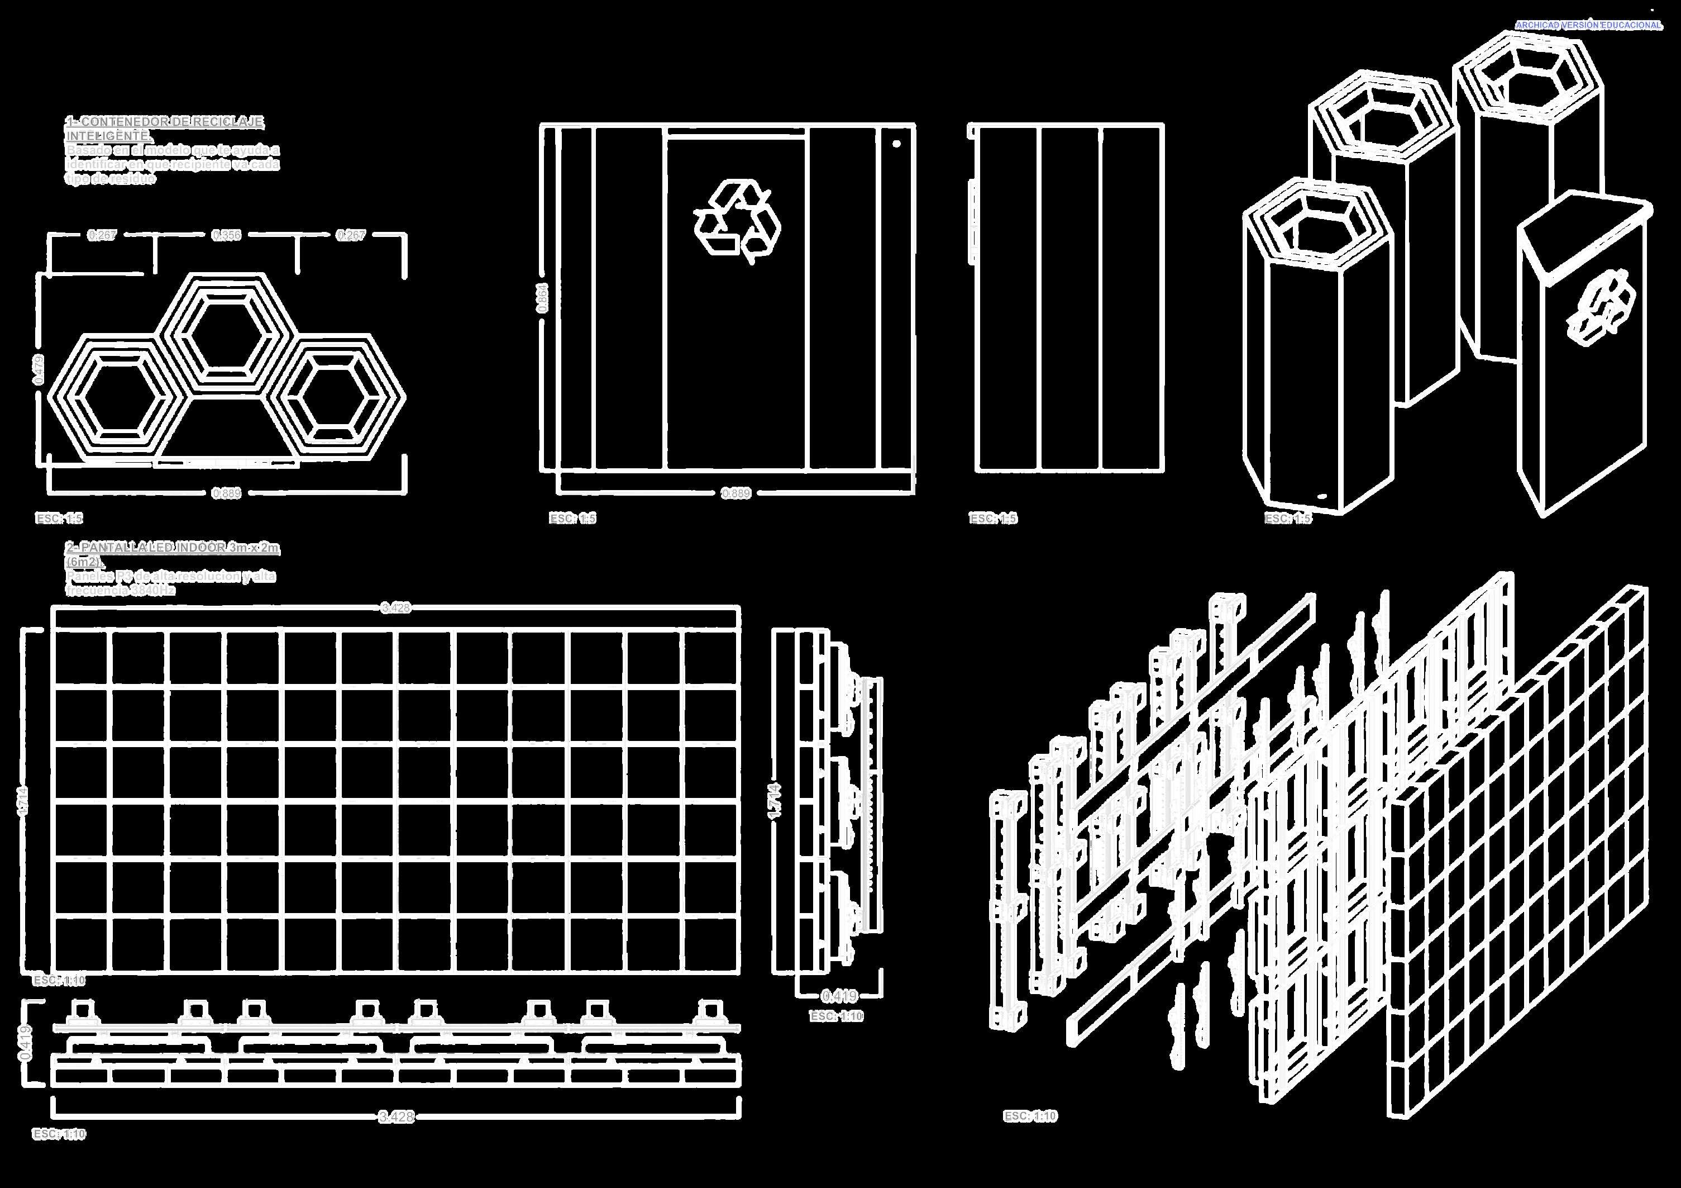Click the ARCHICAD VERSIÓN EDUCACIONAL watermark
(1588, 25)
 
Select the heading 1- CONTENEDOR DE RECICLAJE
(165, 122)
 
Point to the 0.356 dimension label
(226, 235)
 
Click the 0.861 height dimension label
(542, 298)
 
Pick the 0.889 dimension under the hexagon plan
(226, 493)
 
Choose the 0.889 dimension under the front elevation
(736, 493)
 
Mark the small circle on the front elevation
(897, 144)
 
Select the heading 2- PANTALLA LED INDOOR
(173, 548)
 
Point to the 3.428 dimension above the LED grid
(395, 607)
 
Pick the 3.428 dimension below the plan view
(396, 1116)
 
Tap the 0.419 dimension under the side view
(839, 996)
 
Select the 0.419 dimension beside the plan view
(26, 1043)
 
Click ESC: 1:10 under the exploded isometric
(1030, 1116)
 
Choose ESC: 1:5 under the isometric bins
(1288, 519)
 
